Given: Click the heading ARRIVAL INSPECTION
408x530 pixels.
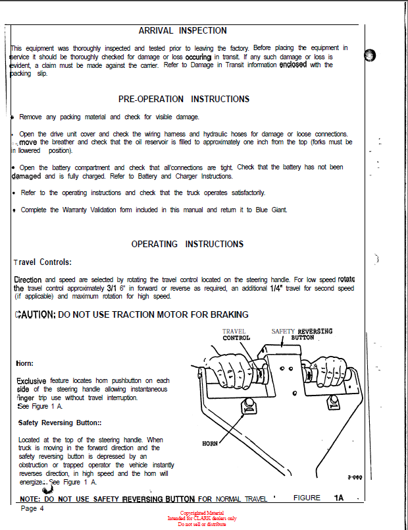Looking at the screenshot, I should click(182, 30).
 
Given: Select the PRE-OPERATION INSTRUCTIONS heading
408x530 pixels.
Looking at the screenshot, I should click(184, 99).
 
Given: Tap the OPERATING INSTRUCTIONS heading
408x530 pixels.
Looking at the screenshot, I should click(187, 244).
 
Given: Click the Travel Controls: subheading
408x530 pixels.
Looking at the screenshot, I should click(38, 262).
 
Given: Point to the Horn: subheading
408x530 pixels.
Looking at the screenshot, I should click(24, 363).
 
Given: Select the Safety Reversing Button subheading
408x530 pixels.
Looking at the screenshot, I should click(60, 423).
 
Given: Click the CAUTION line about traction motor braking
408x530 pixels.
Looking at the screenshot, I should click(131, 314).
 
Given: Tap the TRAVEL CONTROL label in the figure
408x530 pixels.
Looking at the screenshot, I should click(236, 335).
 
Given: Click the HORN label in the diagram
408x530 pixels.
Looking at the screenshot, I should click(210, 444).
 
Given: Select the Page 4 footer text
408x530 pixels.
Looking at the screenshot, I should click(32, 508).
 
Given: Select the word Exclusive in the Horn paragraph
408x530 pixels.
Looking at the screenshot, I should click(31, 381).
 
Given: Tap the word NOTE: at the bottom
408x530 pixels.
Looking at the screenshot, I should click(31, 499).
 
